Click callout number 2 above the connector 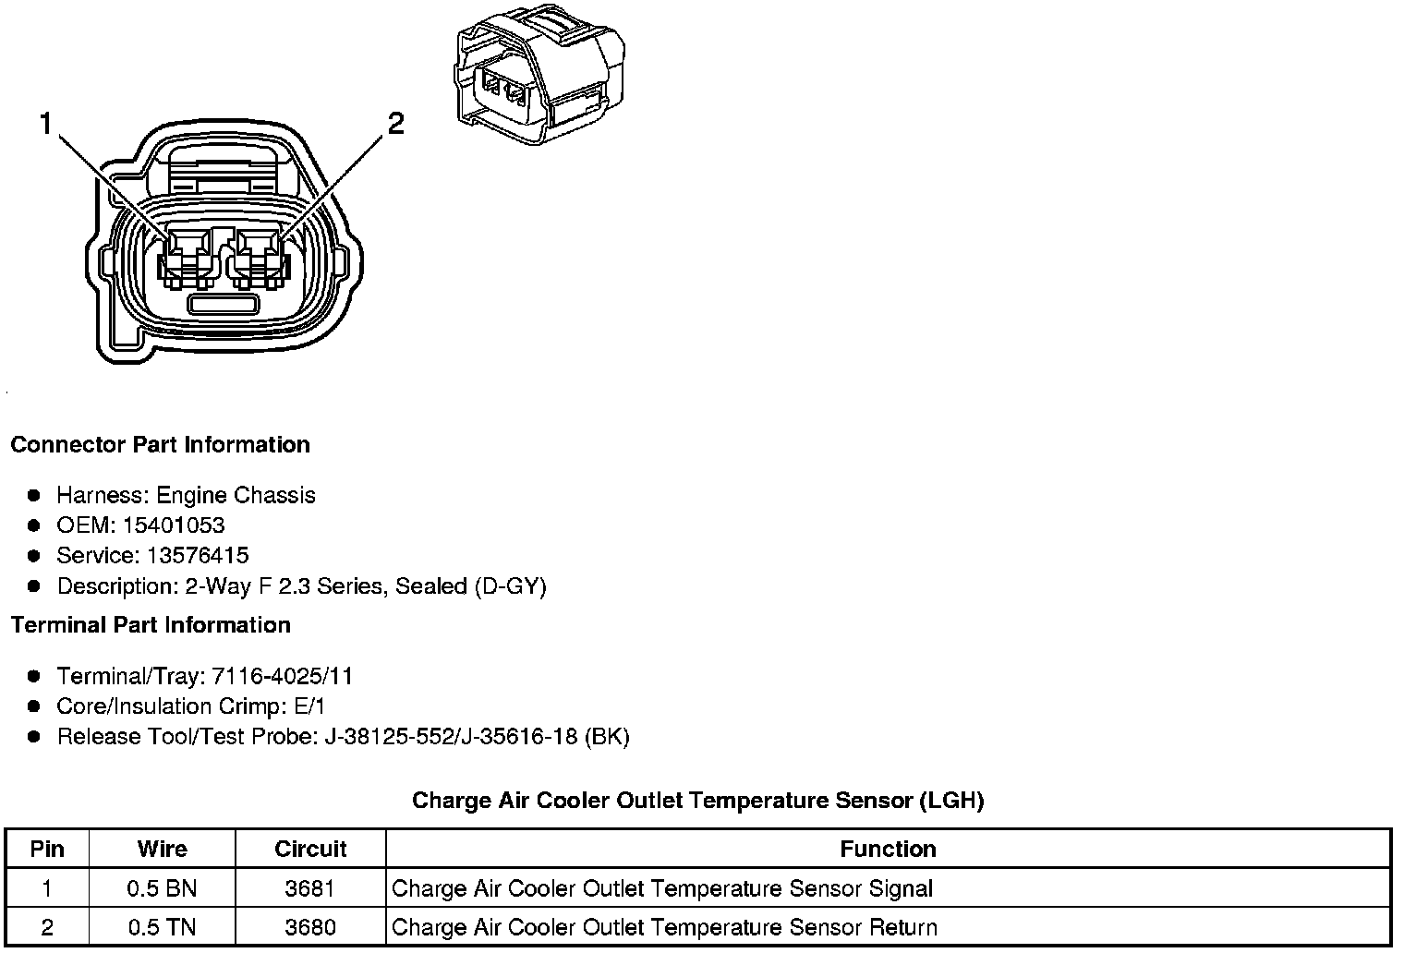click(x=395, y=123)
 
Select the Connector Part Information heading click(x=160, y=445)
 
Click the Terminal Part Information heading click(x=151, y=625)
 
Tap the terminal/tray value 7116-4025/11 click(x=283, y=677)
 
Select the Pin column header click(x=47, y=849)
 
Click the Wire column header click(x=162, y=849)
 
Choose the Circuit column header click(x=310, y=849)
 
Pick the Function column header click(x=888, y=849)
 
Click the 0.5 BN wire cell click(x=162, y=888)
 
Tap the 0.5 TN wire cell click(x=162, y=927)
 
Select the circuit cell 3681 click(x=310, y=888)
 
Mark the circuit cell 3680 click(x=310, y=927)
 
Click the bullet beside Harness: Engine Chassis click(x=34, y=496)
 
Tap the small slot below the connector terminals click(x=222, y=304)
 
